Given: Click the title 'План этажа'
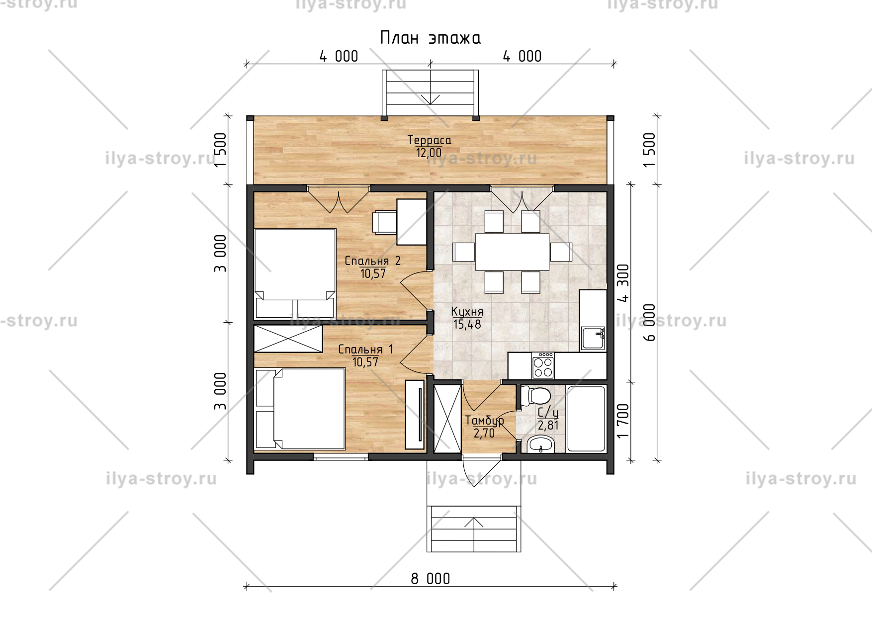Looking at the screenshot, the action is [x=430, y=38].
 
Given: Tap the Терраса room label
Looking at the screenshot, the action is [x=430, y=140].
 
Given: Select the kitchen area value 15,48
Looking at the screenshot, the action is [x=467, y=325].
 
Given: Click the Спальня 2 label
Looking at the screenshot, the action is [x=372, y=261].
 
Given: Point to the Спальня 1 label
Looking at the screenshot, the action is [x=365, y=350].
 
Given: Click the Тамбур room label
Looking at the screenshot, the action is [x=485, y=421].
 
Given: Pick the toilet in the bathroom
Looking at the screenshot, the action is [x=535, y=396].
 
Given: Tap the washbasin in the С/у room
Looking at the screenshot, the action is [x=540, y=444].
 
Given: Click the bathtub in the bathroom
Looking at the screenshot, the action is [x=586, y=419].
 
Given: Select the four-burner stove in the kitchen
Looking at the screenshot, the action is [x=543, y=366].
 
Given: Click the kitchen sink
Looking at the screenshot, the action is [x=593, y=338].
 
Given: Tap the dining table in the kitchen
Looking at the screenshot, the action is [x=513, y=251].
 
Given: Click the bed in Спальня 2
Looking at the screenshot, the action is [x=295, y=273].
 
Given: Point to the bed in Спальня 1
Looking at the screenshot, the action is [x=300, y=409].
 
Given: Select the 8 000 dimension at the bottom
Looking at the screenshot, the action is [x=431, y=579].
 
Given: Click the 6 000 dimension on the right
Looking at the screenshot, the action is [x=649, y=322].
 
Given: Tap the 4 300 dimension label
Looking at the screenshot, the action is [x=623, y=283].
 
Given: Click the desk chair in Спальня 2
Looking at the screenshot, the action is [x=384, y=221].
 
